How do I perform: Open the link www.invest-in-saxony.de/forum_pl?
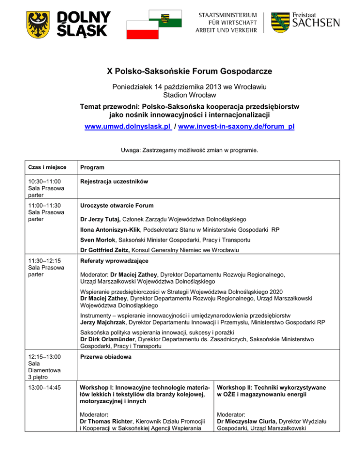[x=236, y=127]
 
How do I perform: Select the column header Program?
[x=92, y=167]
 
